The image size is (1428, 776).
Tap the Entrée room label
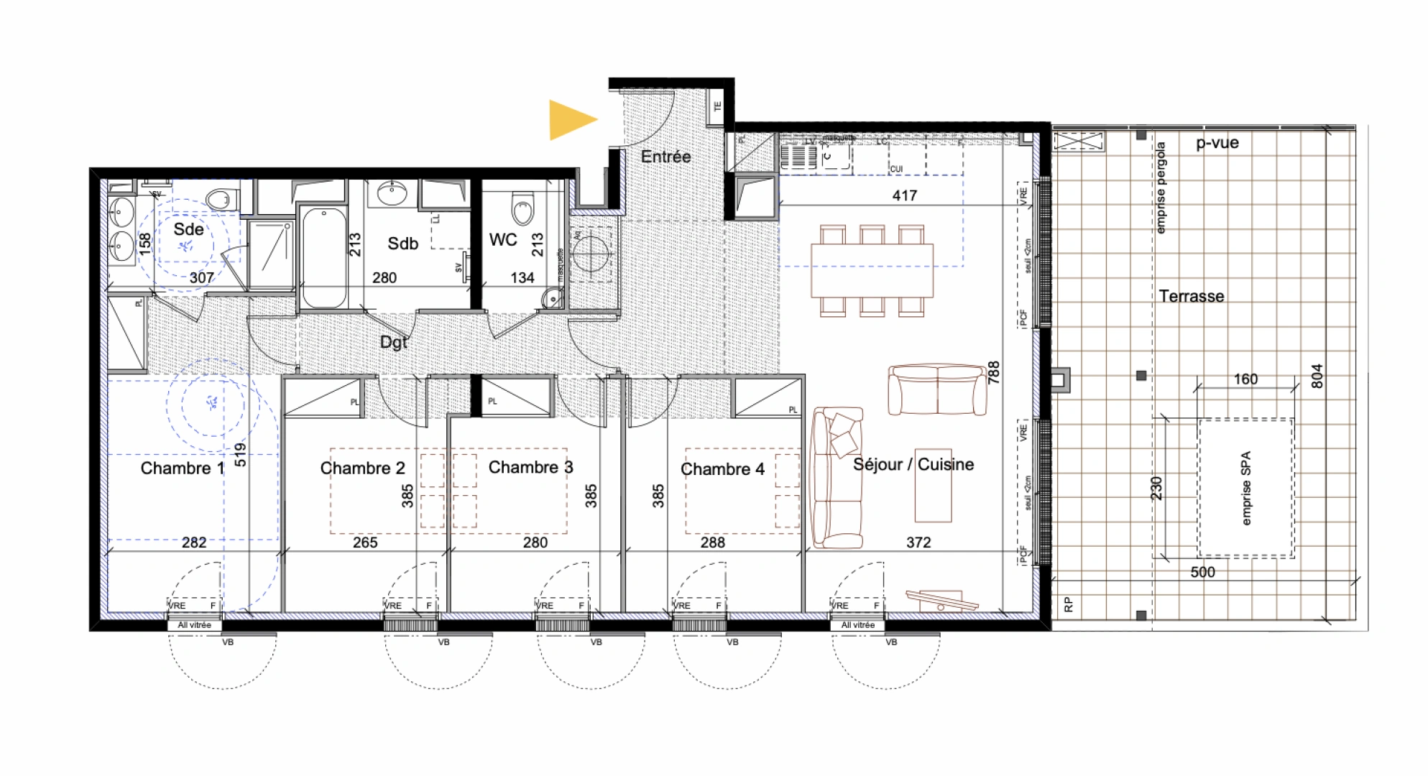click(x=665, y=157)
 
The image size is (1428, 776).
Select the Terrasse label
click(x=1191, y=296)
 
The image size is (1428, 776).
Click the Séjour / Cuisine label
click(x=913, y=465)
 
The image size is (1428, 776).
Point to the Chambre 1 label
click(x=182, y=468)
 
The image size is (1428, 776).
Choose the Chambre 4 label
click(x=722, y=469)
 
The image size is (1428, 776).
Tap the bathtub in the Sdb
click(x=323, y=257)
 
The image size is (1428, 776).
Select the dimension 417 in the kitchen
click(x=904, y=195)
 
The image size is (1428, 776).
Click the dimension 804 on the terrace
click(x=1317, y=376)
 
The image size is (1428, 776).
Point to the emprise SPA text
click(x=1245, y=488)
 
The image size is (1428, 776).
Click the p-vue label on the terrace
click(x=1217, y=143)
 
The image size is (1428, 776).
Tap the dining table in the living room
click(x=872, y=271)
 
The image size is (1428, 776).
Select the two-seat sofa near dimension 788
click(x=937, y=390)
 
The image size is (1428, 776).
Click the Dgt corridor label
click(x=393, y=342)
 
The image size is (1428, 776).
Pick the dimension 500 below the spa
click(x=1202, y=572)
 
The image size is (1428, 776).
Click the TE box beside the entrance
click(x=717, y=106)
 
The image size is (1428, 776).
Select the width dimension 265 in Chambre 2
click(x=365, y=542)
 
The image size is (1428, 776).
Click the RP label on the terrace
click(x=1068, y=605)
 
